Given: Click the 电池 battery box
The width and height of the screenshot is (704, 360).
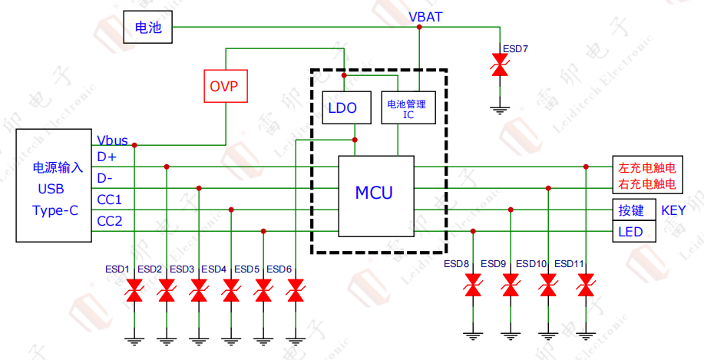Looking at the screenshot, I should pyautogui.click(x=148, y=28).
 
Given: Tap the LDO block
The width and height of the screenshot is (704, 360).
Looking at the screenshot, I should pyautogui.click(x=342, y=108).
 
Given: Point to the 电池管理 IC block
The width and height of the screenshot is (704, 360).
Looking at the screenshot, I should pyautogui.click(x=408, y=107).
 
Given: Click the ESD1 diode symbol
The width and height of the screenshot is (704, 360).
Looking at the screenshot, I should pyautogui.click(x=134, y=291).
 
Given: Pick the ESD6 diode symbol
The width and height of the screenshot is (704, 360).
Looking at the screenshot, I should pyautogui.click(x=296, y=291).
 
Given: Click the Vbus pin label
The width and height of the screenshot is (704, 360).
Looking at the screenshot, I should pyautogui.click(x=112, y=141).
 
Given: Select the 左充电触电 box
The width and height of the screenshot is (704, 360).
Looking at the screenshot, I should pyautogui.click(x=646, y=167).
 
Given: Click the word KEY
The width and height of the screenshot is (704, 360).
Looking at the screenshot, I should pyautogui.click(x=674, y=210).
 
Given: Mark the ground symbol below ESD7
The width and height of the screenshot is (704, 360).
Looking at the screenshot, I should pyautogui.click(x=501, y=110).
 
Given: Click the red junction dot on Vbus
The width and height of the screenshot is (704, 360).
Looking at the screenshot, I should pyautogui.click(x=134, y=144).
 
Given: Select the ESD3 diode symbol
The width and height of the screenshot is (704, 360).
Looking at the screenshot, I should pyautogui.click(x=199, y=291).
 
